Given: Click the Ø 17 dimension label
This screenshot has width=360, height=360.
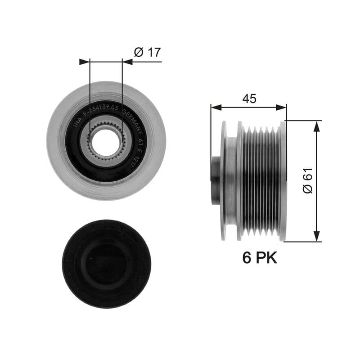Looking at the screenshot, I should pyautogui.click(x=147, y=53).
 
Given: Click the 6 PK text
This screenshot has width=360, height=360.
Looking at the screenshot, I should pyautogui.click(x=260, y=257).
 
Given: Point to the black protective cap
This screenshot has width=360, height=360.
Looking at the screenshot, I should pyautogui.click(x=107, y=263).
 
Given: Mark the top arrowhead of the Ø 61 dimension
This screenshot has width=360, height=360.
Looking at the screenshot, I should pyautogui.click(x=317, y=126).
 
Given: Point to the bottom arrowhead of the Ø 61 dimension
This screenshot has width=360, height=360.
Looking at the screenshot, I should pyautogui.click(x=317, y=236).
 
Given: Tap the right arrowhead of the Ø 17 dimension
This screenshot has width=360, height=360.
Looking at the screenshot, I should pyautogui.click(x=127, y=62).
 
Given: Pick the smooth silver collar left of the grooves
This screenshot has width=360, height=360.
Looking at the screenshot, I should pyautogui.click(x=230, y=180).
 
